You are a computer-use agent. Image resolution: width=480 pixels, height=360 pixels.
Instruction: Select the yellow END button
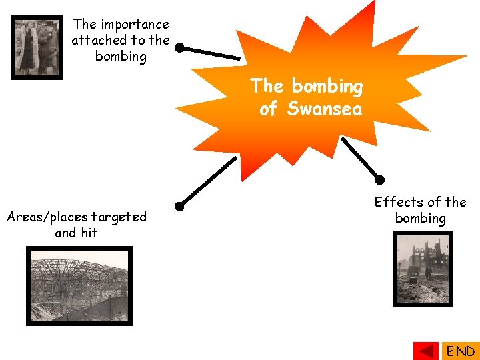click(x=460, y=351)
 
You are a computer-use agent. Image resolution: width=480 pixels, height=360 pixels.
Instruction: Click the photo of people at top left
click(x=37, y=47)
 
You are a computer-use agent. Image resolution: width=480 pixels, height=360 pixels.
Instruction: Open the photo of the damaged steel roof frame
click(x=79, y=285)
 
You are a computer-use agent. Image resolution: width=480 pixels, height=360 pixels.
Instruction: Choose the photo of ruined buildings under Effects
click(x=423, y=269)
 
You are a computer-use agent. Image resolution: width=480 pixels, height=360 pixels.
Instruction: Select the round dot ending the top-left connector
click(x=179, y=48)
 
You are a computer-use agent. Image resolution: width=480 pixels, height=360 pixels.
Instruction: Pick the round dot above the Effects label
click(x=380, y=179)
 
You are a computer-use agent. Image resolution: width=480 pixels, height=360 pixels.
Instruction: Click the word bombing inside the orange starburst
click(x=327, y=87)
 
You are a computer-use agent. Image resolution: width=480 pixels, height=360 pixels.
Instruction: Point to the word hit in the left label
click(x=89, y=233)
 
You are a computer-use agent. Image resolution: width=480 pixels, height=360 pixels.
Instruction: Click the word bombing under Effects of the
click(x=420, y=218)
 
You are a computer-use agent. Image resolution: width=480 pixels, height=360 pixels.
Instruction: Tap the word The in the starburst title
click(x=267, y=87)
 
